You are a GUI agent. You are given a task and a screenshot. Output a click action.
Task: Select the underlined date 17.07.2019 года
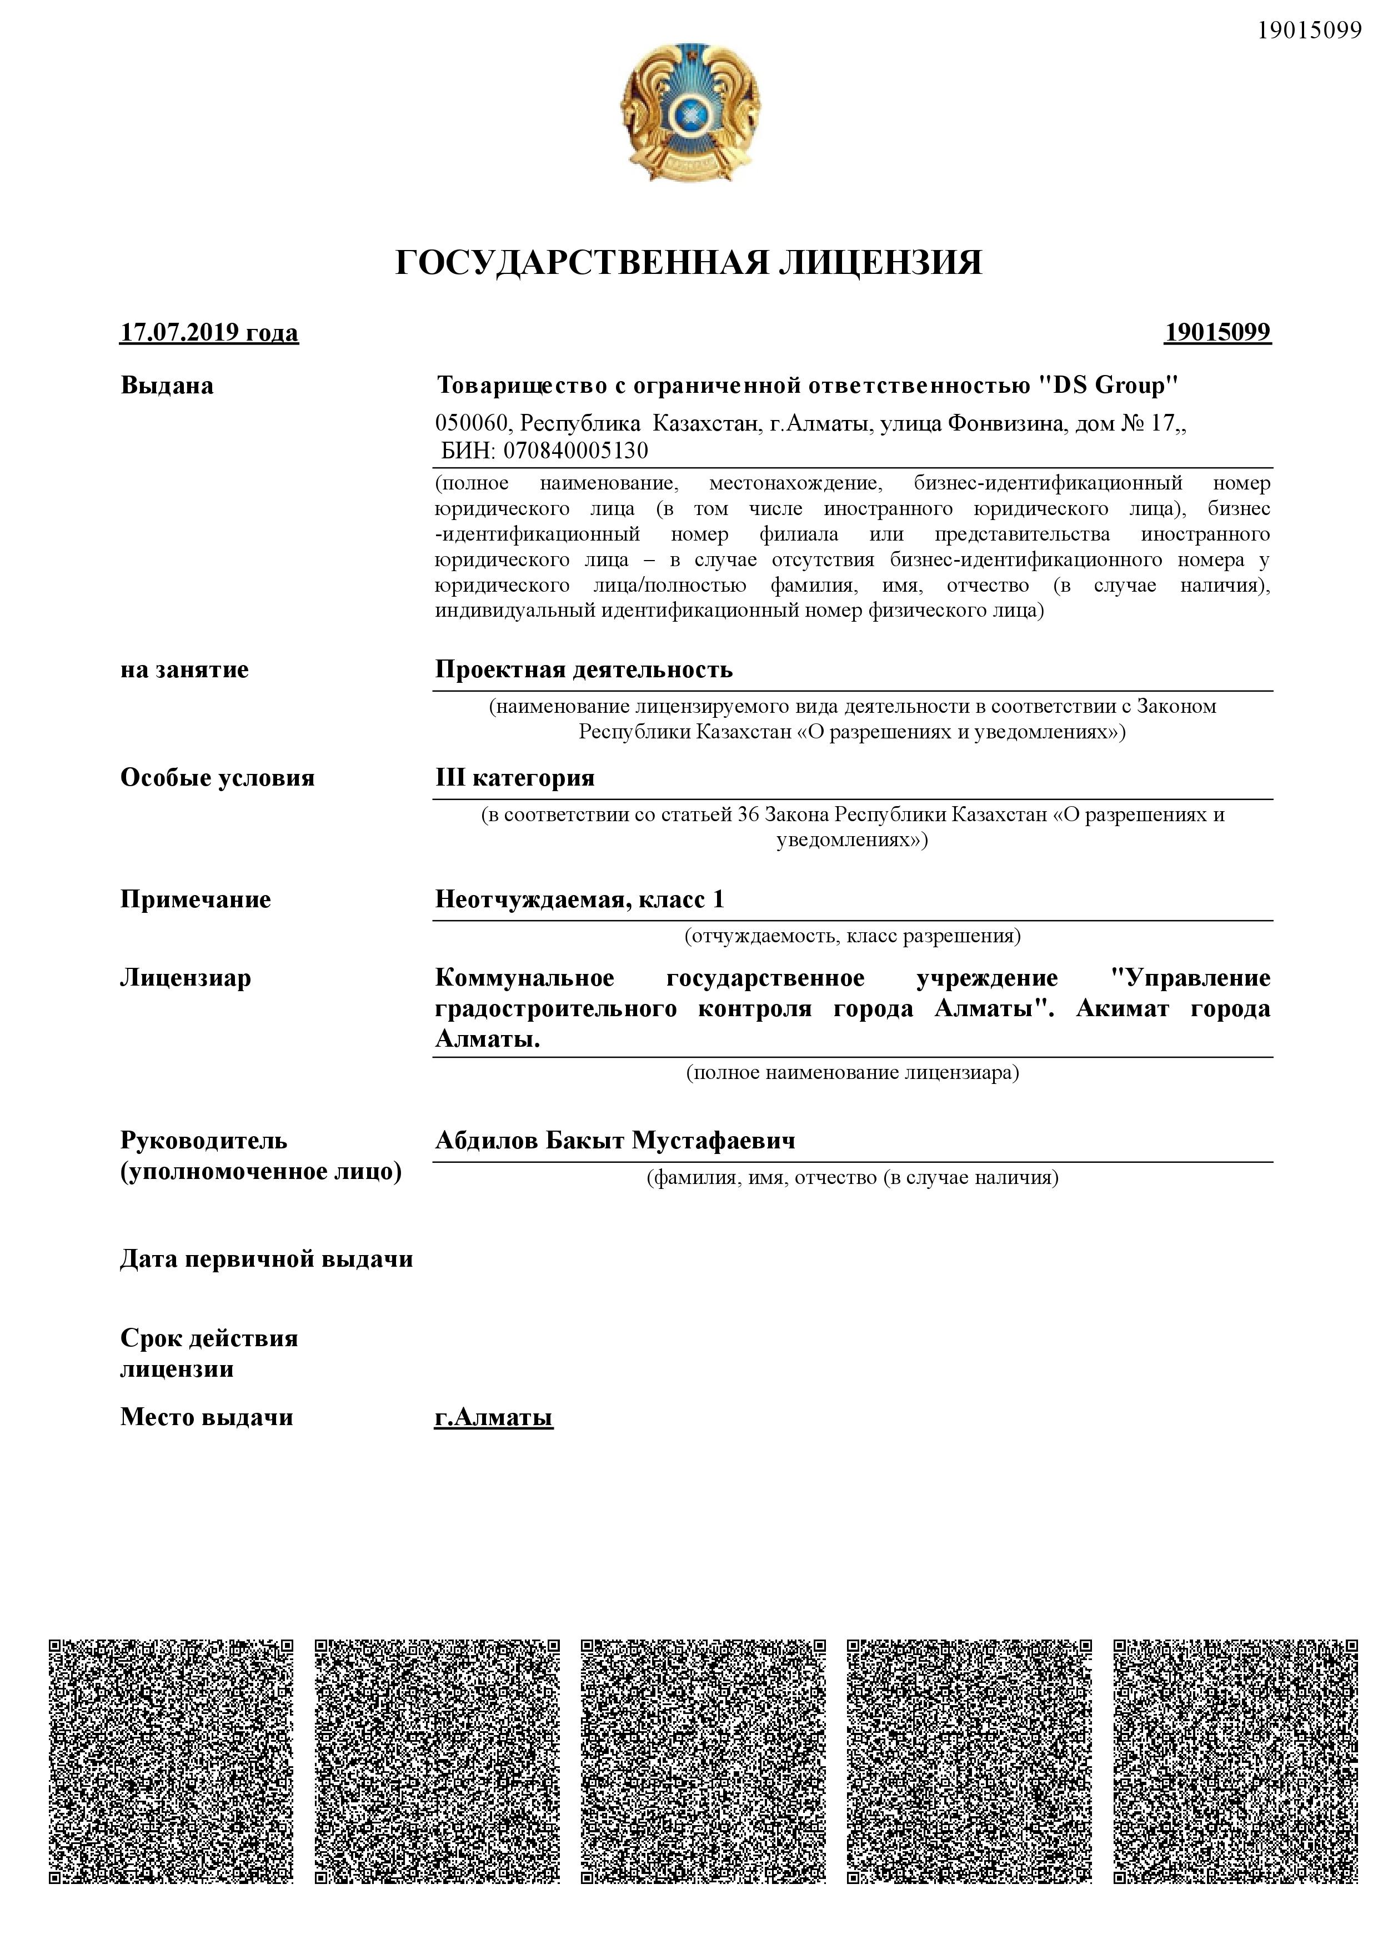(209, 332)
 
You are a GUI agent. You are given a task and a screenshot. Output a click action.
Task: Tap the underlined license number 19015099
(1217, 332)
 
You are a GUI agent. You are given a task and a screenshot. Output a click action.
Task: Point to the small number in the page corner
(1309, 31)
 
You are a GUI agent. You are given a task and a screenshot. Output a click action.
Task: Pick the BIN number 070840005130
(575, 450)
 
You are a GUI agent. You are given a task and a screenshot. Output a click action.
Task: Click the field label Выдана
(167, 386)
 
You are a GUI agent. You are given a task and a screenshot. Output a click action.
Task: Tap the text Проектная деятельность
(584, 669)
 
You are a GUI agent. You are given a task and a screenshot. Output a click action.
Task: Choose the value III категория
(514, 778)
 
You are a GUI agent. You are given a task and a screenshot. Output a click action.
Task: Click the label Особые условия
(217, 778)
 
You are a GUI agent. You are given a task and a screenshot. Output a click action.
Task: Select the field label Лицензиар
(186, 978)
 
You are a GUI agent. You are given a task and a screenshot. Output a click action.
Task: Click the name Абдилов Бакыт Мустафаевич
(615, 1140)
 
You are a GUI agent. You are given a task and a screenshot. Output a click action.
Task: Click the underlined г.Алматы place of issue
(493, 1418)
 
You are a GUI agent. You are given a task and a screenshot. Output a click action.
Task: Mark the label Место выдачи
(207, 1418)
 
